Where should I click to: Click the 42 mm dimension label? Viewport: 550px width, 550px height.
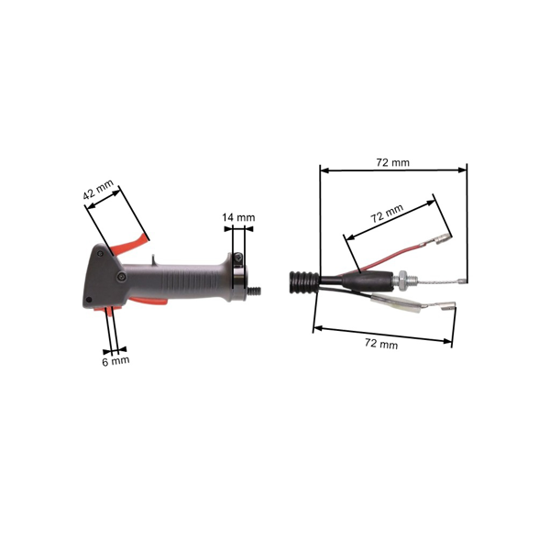tap(99, 190)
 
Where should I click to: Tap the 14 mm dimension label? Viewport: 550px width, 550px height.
tap(238, 217)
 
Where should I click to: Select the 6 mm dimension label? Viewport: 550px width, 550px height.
tap(115, 360)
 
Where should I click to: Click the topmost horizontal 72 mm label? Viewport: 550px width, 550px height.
tap(393, 162)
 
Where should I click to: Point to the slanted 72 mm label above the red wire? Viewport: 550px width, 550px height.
tap(387, 213)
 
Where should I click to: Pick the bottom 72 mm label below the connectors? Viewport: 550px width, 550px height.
tap(381, 343)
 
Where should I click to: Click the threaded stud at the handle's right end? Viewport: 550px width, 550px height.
tap(254, 291)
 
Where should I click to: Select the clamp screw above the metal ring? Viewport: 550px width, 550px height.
tap(238, 258)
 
